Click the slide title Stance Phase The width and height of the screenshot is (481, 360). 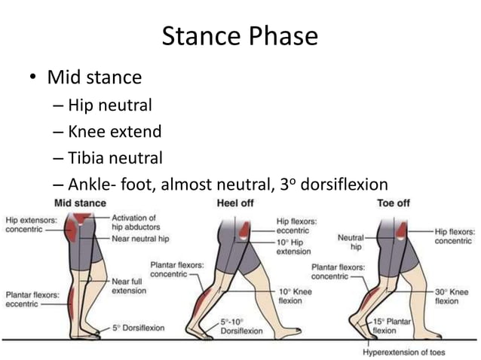click(x=240, y=35)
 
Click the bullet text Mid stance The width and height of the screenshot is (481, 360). click(x=93, y=77)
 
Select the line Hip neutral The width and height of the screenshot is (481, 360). click(x=109, y=105)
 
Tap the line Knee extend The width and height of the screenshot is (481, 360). click(x=114, y=132)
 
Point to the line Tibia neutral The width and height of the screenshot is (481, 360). click(x=115, y=158)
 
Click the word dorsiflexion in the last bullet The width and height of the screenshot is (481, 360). click(x=342, y=185)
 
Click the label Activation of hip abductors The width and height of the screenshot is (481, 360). click(x=133, y=221)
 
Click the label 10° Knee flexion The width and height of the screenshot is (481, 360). click(x=295, y=295)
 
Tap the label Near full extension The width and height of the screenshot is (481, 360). click(x=129, y=285)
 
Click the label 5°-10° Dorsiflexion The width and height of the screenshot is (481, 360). click(x=241, y=326)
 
